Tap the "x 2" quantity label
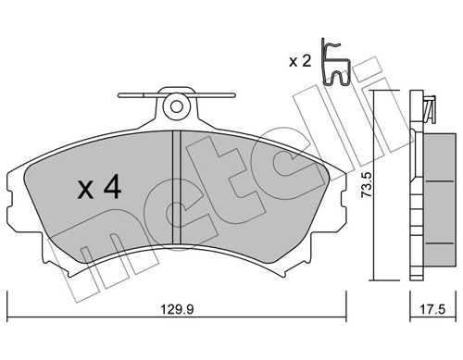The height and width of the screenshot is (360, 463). [299, 62]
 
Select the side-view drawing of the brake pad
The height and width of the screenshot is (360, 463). [431, 185]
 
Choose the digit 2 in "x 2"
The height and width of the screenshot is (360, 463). [307, 62]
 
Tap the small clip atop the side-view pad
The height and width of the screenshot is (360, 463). [429, 108]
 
